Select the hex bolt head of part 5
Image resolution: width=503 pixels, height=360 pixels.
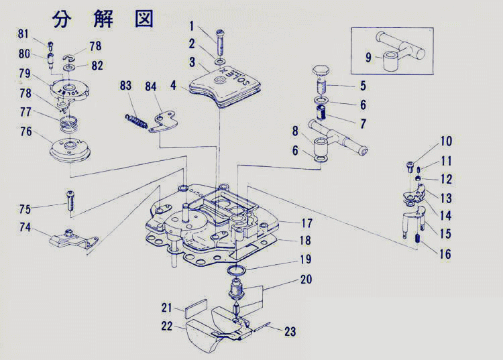321,70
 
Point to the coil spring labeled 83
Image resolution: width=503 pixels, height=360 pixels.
136,118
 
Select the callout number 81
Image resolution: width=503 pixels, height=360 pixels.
23,34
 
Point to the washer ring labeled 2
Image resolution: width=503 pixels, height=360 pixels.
221,63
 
